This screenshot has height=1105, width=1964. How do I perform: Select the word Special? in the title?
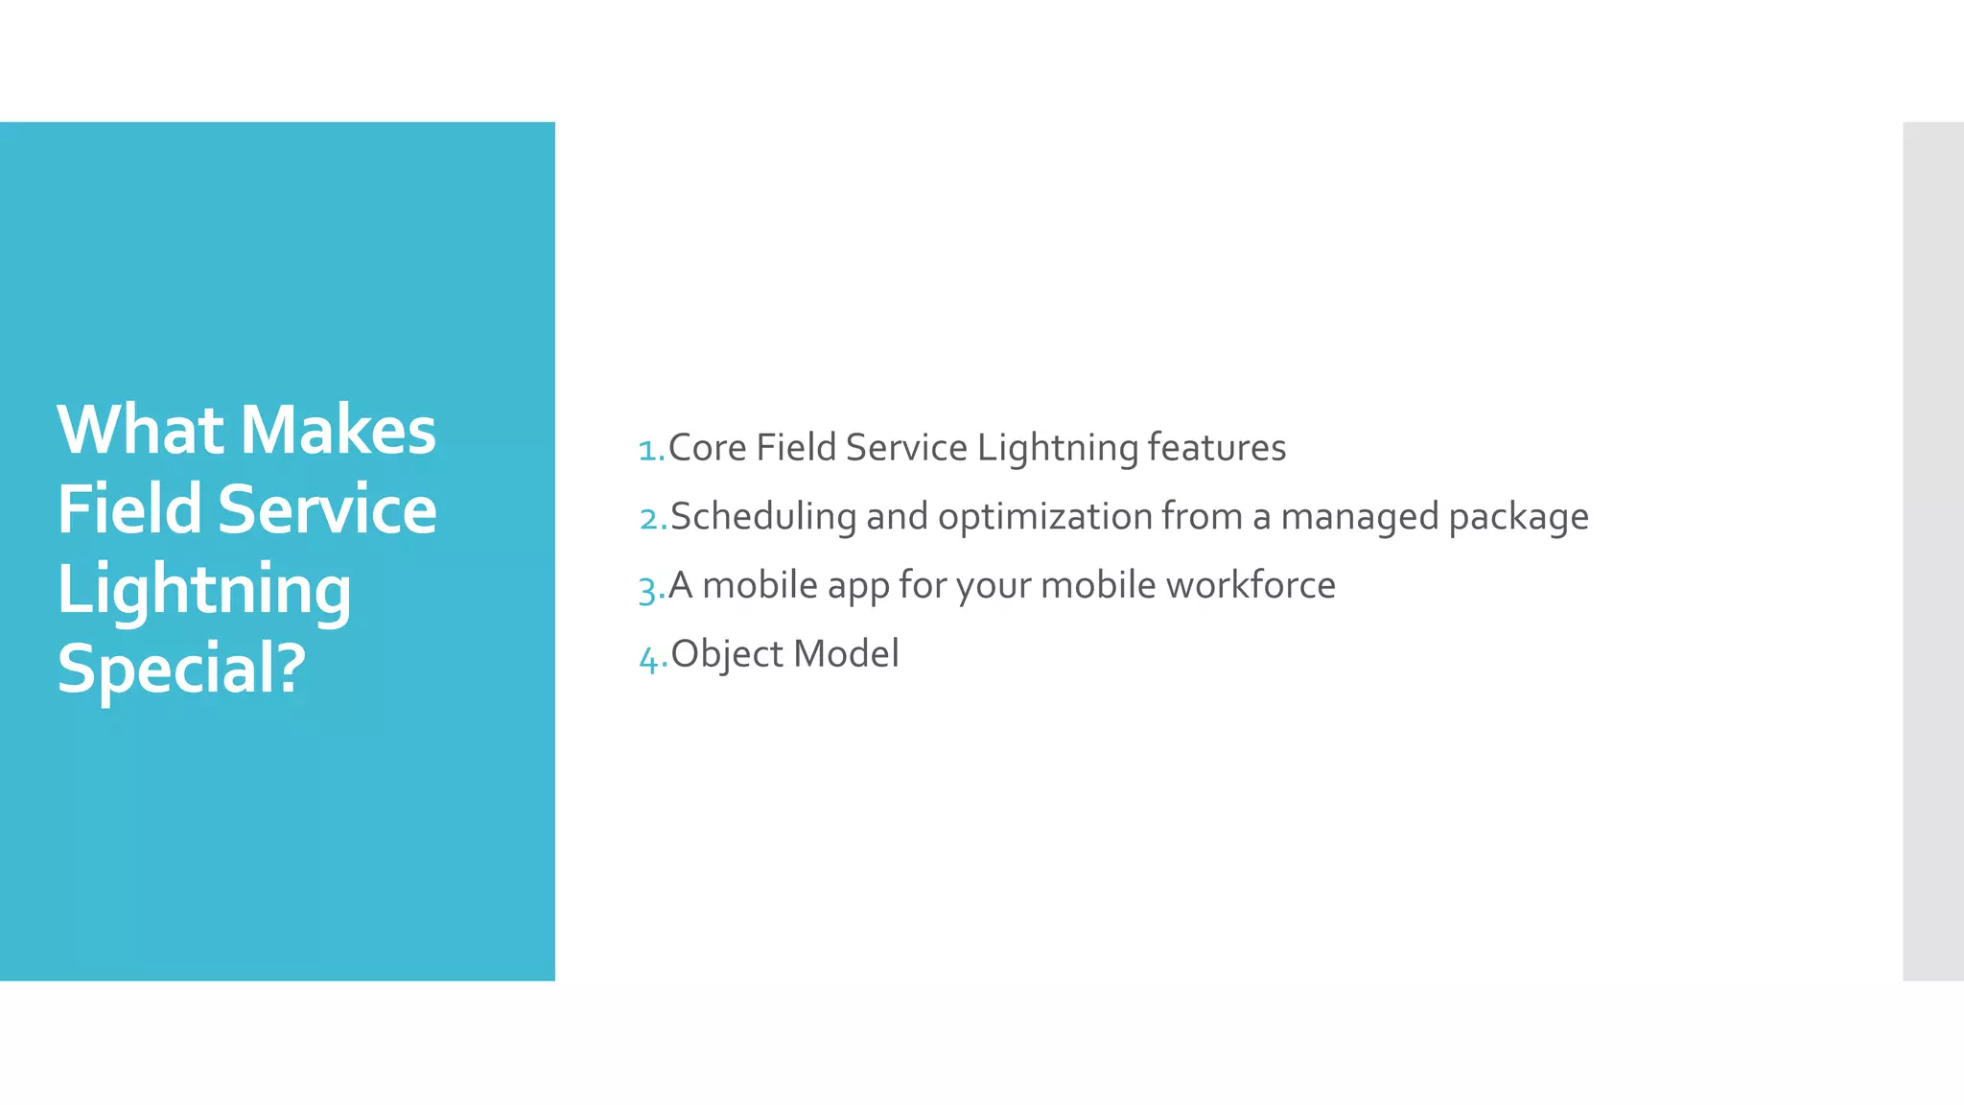coord(182,669)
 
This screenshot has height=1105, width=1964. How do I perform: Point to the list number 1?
coord(651,449)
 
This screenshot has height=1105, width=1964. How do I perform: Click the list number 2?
coord(652,518)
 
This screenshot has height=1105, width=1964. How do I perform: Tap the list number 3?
coord(651,587)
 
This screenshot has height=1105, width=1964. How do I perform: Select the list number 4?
coord(652,657)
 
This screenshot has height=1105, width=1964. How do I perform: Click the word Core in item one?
coord(707,448)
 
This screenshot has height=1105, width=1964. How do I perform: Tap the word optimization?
coord(1044,517)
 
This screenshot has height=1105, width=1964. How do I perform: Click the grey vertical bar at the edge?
coord(1933,551)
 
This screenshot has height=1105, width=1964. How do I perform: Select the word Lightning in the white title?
coord(204,589)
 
